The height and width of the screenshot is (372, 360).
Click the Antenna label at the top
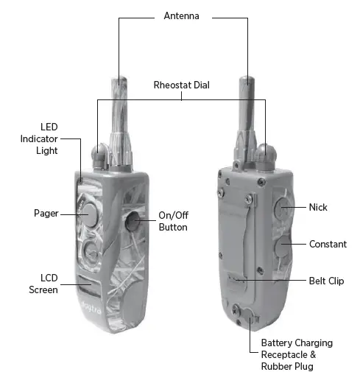click(181, 16)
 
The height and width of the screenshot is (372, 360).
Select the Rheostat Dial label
click(181, 85)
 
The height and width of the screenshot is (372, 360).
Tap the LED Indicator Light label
click(39, 138)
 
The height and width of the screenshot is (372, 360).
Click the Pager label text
click(46, 213)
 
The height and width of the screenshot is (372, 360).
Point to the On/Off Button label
click(173, 221)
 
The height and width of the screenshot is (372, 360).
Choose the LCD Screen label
click(43, 284)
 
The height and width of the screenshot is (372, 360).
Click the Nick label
click(318, 207)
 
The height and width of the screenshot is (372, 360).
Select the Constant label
click(328, 244)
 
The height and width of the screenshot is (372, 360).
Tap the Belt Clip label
click(326, 281)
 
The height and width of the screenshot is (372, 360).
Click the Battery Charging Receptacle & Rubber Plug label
click(297, 354)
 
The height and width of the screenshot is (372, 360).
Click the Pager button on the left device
click(89, 214)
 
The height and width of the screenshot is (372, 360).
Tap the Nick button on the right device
click(282, 208)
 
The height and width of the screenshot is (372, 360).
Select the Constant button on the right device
click(283, 246)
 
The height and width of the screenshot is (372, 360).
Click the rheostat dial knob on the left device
click(99, 155)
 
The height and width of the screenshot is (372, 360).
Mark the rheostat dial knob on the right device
click(265, 154)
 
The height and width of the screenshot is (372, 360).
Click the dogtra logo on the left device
click(91, 307)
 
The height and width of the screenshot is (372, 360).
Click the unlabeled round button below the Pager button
click(91, 253)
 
